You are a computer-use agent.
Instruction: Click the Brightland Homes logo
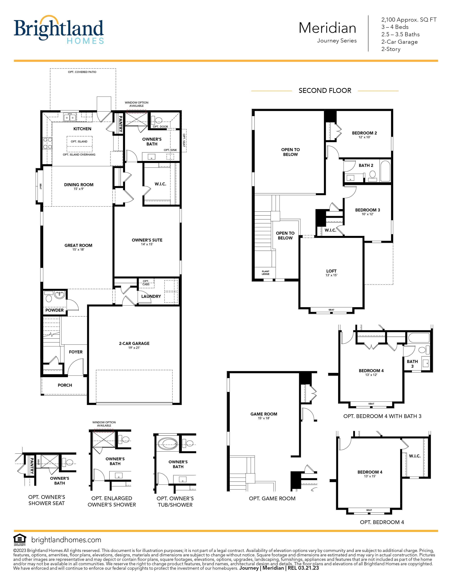59,29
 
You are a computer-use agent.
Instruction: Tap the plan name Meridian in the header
327,28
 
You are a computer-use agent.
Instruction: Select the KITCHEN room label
82,129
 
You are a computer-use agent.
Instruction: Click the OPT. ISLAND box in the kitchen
79,144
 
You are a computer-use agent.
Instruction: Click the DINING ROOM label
79,185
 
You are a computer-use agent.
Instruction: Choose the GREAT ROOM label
78,245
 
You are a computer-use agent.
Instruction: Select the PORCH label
65,385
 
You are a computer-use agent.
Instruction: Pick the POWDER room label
54,310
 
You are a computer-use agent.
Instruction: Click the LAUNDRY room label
151,296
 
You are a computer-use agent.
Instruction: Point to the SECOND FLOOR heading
325,91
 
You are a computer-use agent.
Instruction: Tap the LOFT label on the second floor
331,271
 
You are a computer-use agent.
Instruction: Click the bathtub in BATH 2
385,171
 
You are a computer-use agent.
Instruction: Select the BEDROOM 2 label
365,133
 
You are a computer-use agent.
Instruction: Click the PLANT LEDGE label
266,273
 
